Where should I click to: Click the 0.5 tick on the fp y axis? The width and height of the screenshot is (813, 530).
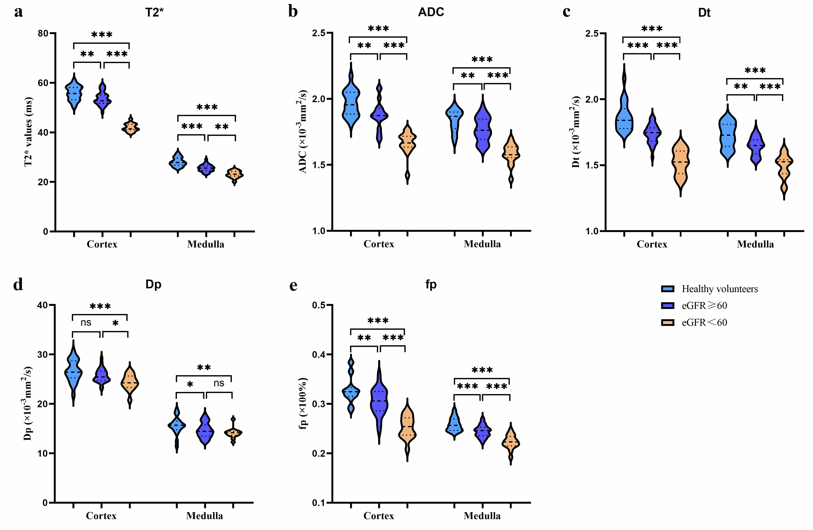(x=318, y=305)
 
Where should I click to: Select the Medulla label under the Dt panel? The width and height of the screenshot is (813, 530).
(x=755, y=244)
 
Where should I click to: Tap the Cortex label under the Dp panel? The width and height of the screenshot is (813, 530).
(x=101, y=516)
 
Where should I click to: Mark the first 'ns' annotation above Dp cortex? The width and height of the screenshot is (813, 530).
(x=86, y=322)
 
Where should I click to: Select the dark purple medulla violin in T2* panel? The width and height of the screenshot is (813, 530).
(x=206, y=167)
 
